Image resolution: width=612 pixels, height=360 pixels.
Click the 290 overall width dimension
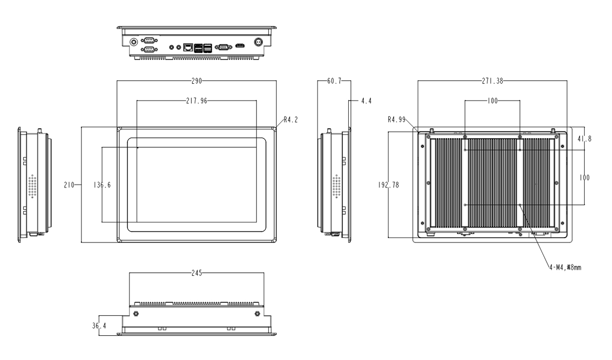click(196, 81)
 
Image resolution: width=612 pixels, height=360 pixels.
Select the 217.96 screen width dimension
click(196, 101)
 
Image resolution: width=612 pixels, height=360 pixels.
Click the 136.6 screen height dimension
click(102, 184)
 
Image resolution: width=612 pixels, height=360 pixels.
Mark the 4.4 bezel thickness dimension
click(366, 101)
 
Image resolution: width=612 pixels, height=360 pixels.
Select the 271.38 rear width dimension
click(492, 81)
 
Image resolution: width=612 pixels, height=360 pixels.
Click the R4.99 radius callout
click(396, 120)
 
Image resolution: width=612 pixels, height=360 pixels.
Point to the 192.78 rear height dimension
click(389, 184)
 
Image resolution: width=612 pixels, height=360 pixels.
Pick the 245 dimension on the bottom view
click(196, 273)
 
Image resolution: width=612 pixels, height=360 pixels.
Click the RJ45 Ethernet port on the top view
click(189, 46)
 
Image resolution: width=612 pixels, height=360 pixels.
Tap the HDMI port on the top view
click(240, 46)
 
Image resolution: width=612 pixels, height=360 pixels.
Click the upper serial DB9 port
click(149, 40)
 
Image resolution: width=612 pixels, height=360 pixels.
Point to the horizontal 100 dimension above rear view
click(492, 101)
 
